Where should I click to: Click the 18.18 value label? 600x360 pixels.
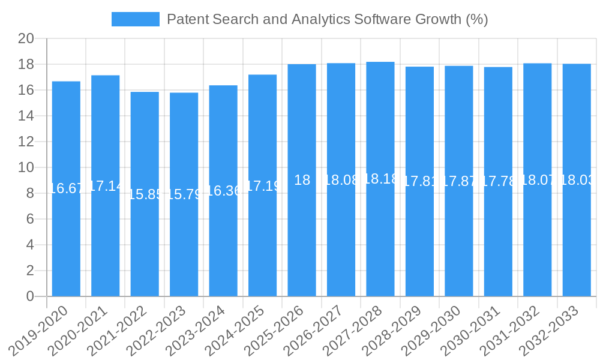pos(380,179)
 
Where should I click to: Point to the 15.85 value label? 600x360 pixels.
pos(145,194)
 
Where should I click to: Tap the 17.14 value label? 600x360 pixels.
pos(106,186)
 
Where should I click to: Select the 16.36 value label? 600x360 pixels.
pos(223,191)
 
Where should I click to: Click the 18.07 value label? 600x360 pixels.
pos(538,180)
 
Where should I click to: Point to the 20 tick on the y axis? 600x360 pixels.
pos(26,39)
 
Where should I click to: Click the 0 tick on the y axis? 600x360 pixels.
pos(31,296)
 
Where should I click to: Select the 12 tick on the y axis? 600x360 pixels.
pos(26,142)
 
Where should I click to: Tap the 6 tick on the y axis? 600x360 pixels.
pos(31,219)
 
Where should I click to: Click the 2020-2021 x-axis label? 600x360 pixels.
pos(78,331)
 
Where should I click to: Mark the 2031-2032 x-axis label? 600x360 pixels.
pos(510,331)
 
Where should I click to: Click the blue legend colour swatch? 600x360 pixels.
pos(136,19)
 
